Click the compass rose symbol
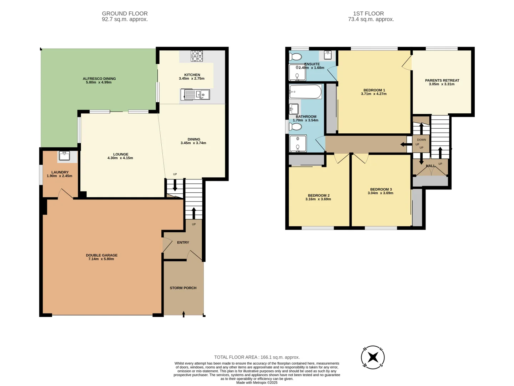tap(373, 357)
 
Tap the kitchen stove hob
tap(197, 56)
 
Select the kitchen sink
tap(195, 95)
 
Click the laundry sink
tap(65, 156)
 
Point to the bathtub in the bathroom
tap(306, 92)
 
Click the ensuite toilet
tap(296, 56)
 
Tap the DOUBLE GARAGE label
tap(102, 255)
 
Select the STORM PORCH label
tap(183, 288)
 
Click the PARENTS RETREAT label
tap(442, 80)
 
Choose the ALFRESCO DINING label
tap(99, 79)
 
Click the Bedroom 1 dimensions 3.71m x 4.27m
tap(374, 94)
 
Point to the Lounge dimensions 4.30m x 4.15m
tap(120, 158)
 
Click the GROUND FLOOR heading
tap(125, 14)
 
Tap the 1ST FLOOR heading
tap(368, 14)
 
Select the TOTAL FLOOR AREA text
tap(257, 357)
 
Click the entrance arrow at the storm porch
tap(183, 314)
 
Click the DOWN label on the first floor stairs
tap(422, 140)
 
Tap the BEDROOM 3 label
tap(381, 189)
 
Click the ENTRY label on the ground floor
tap(183, 242)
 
